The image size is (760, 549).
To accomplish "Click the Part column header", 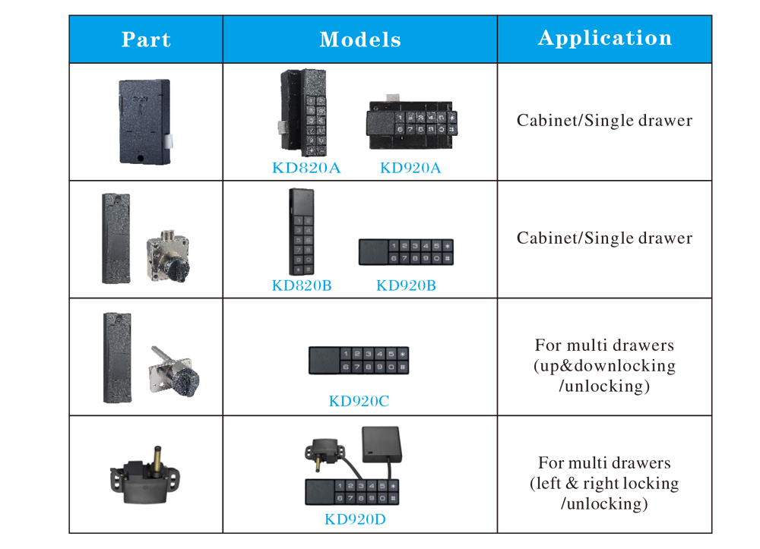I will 146,39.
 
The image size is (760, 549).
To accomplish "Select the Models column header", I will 360,39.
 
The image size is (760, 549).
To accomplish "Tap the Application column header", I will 605,38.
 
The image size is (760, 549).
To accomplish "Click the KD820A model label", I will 306,168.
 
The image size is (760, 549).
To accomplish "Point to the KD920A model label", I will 410,168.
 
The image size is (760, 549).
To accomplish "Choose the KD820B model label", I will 302,286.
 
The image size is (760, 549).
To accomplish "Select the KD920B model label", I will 406,286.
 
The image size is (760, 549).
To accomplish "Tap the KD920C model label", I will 359,401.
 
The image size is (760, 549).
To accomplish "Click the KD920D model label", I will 355,519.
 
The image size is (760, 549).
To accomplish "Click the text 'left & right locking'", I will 604,483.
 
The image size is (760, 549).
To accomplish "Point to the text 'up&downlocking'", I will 604,365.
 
